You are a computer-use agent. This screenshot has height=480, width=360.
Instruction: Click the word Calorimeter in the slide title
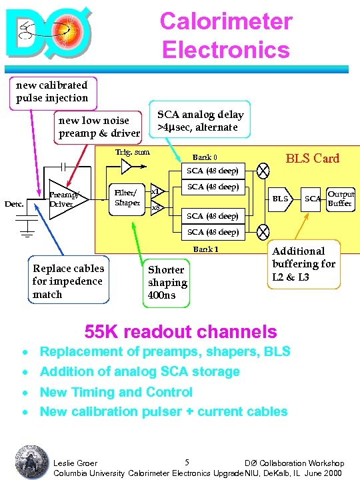coord(225,21)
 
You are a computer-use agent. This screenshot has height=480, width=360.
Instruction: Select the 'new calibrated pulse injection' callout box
coord(52,91)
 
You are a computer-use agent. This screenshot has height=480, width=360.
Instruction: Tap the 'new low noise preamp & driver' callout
coord(99,127)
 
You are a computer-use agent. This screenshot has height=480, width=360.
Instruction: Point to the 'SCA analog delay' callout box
coord(201,121)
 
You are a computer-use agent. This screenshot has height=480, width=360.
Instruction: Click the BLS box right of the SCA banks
coord(280,199)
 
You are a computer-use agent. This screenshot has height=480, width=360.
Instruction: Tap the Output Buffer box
coord(340,199)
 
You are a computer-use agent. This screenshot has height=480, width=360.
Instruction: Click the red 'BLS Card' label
coord(312,159)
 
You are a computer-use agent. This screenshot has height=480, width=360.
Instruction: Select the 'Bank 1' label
coord(205,249)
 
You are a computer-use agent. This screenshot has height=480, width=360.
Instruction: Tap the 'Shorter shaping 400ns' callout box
coord(167,282)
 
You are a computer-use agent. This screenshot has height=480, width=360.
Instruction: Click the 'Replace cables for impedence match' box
coord(69,281)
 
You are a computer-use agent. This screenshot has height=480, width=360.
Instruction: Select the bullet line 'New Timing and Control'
coord(116,393)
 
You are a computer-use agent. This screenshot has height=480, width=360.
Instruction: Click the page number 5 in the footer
coord(187,462)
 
